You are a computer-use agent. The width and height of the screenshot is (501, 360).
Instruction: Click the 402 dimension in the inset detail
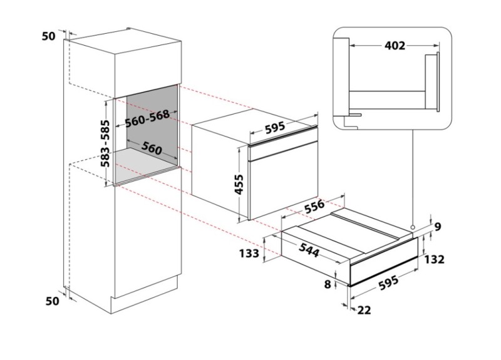(x=395, y=46)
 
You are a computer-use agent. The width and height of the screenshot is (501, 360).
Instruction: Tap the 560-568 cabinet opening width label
(x=147, y=118)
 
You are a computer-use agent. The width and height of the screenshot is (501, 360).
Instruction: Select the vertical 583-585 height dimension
(x=105, y=143)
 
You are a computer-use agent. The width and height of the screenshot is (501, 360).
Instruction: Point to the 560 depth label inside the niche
(x=152, y=148)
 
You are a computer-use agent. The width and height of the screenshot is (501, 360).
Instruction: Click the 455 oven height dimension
(x=239, y=184)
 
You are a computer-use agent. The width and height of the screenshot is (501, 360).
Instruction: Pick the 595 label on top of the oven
(x=275, y=127)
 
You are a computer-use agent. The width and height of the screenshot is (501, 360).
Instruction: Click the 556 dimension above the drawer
(x=314, y=207)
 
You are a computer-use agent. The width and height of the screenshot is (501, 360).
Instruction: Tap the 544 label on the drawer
(x=309, y=250)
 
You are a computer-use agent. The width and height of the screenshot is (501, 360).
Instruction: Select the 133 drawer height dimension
(x=249, y=254)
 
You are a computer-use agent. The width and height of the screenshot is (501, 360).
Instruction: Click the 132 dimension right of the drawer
(x=435, y=259)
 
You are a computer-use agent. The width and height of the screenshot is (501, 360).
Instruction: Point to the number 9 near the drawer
(x=438, y=227)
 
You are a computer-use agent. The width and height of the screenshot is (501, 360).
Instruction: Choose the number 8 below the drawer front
(x=328, y=284)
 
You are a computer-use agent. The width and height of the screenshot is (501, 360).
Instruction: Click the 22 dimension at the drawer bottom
(x=364, y=310)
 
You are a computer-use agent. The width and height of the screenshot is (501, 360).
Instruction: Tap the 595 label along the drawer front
(x=388, y=283)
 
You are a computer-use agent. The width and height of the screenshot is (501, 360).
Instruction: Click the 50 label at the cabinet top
(x=49, y=36)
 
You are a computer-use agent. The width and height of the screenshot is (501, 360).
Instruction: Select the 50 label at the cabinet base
(x=53, y=301)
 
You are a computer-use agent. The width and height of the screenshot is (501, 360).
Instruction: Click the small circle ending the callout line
(x=413, y=227)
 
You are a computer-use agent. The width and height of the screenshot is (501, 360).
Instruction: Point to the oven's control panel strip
(x=284, y=151)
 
